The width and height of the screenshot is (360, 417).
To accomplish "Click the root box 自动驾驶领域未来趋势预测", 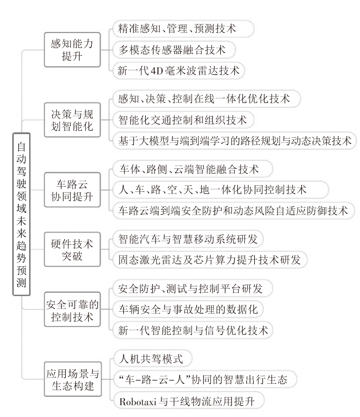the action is point(21,214).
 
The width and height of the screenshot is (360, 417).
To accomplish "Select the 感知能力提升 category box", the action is point(72,50).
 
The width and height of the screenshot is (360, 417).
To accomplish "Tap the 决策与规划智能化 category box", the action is point(72,120).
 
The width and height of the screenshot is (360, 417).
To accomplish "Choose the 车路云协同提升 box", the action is point(72,190).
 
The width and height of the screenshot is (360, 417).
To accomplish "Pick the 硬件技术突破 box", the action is point(72,250).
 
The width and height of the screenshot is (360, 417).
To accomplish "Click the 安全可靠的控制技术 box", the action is point(72,309).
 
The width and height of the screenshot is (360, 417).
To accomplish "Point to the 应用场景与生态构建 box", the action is point(73,379).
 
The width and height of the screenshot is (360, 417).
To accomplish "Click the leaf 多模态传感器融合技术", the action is point(174,50).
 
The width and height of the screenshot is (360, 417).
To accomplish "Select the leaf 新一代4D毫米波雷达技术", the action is point(179,71).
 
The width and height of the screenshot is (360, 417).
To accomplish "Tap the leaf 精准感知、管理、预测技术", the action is point(183,29).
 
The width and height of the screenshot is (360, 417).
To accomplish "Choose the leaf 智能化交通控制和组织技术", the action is point(183,120).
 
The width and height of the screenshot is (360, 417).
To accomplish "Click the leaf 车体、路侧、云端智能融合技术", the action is point(193,169).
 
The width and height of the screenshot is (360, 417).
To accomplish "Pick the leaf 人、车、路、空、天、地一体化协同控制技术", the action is point(221,190).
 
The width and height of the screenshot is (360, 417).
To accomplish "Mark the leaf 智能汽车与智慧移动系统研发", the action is point(188,239).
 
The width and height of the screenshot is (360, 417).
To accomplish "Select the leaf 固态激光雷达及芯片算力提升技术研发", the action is point(210,260).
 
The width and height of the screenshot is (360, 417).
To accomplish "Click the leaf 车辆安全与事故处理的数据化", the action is point(188,309).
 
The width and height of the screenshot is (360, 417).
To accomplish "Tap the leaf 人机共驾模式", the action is point(152,359).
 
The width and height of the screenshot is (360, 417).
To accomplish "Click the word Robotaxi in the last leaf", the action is point(138,401).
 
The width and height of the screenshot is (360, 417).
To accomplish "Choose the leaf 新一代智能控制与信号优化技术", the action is point(193,330).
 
